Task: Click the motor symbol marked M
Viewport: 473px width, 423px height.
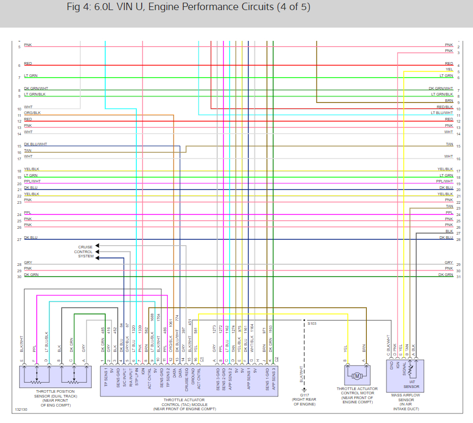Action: click(x=357, y=376)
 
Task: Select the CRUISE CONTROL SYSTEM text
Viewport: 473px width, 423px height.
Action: click(x=85, y=252)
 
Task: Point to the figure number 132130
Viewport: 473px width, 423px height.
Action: click(x=21, y=410)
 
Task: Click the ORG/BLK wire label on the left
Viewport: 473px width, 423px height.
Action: click(x=32, y=113)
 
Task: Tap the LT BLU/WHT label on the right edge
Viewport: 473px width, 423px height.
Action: click(x=442, y=113)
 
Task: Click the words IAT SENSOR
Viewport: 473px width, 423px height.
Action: click(x=415, y=384)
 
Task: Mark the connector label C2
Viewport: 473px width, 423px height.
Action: click(x=277, y=359)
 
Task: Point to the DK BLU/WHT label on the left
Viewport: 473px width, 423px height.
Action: click(x=36, y=144)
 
